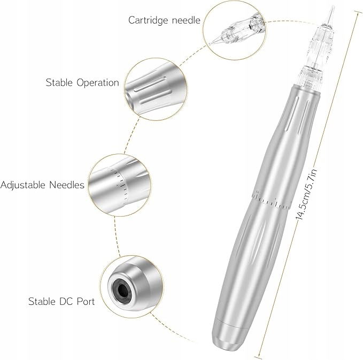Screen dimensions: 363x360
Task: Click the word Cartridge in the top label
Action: coord(148,20)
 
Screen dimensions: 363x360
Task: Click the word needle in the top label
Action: coord(186,20)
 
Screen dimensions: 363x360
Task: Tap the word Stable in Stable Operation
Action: coord(59,82)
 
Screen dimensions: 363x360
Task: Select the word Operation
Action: coord(98,83)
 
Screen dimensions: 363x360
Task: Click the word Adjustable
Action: coord(23,185)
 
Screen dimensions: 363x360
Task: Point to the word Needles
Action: coord(67,185)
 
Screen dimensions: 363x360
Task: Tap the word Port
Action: coord(86,301)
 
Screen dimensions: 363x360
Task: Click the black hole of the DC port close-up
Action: coord(121,289)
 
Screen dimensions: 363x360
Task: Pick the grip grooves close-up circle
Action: coord(156,89)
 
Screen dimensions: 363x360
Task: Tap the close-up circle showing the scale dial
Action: coord(119,185)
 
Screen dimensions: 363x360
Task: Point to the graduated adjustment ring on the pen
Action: coord(271,200)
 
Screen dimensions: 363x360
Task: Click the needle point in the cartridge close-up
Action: coord(210,44)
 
